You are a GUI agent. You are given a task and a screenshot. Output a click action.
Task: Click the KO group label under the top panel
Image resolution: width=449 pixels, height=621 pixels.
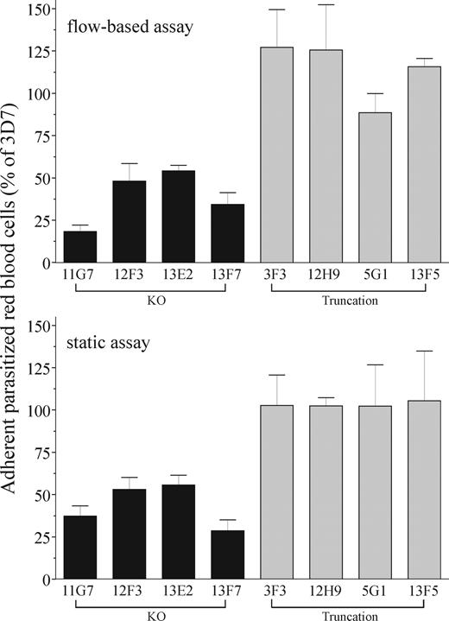[152, 304]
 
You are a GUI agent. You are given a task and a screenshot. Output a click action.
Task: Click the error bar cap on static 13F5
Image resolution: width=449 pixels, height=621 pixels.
[424, 351]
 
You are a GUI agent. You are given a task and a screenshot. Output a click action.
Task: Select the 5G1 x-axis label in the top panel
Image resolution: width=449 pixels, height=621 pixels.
[375, 277]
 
